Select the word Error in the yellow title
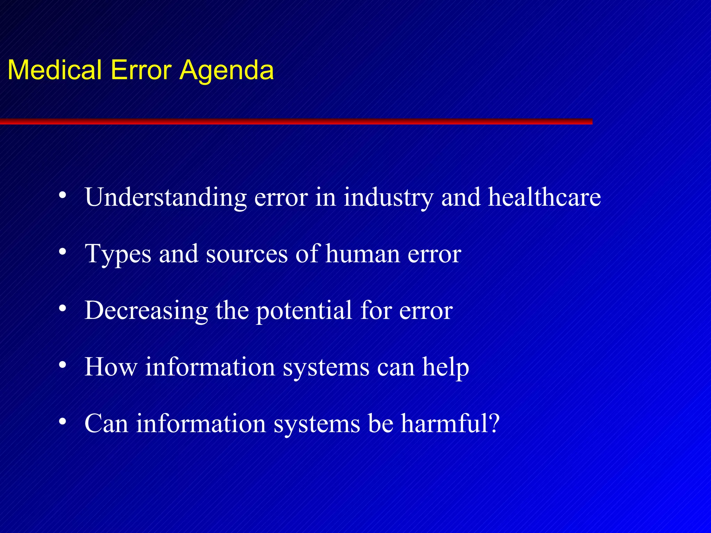[x=141, y=70]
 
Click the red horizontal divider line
[x=295, y=121]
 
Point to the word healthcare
[x=544, y=197]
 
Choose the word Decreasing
[x=146, y=311]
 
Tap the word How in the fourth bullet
[x=111, y=367]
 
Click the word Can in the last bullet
[x=106, y=423]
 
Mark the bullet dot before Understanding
[x=62, y=195]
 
